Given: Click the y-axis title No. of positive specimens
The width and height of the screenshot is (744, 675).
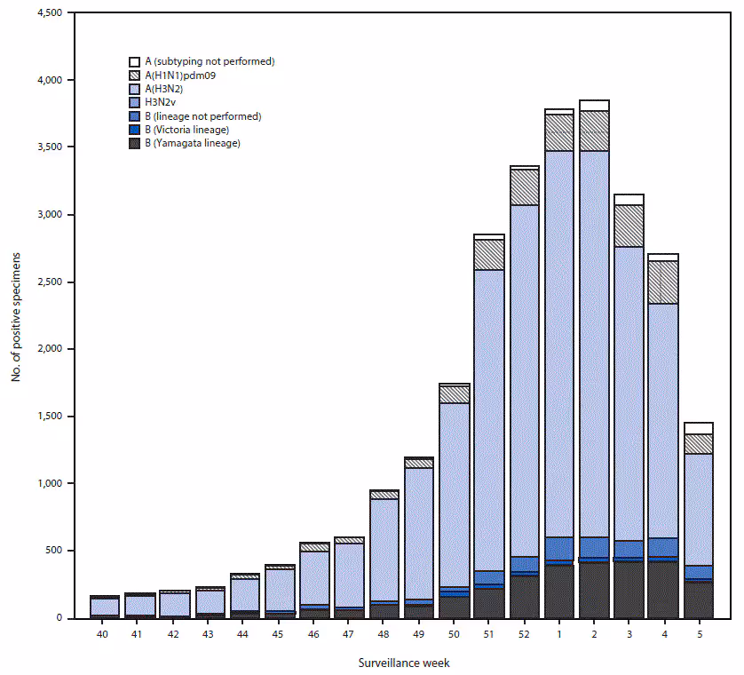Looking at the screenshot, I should pyautogui.click(x=17, y=315).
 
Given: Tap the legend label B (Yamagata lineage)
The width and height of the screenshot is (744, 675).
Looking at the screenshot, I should pyautogui.click(x=197, y=143).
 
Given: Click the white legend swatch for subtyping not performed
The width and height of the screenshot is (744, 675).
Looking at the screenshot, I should pyautogui.click(x=135, y=62).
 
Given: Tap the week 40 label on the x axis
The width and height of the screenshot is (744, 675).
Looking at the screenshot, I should pyautogui.click(x=105, y=634).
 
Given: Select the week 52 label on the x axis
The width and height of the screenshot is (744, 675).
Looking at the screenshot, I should pyautogui.click(x=524, y=634).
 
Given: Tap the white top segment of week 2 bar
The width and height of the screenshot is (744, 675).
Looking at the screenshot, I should pyautogui.click(x=594, y=106).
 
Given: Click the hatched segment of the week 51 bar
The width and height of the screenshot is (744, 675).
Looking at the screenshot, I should pyautogui.click(x=489, y=255).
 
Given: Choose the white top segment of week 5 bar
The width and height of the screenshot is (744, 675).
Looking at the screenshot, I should pyautogui.click(x=699, y=428).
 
